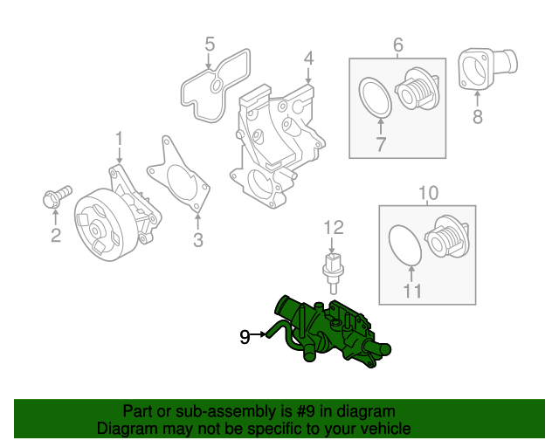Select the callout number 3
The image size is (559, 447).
(x=198, y=240)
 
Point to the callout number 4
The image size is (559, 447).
(x=308, y=58)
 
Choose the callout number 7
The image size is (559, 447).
(x=380, y=145)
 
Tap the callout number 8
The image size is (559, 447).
(x=477, y=118)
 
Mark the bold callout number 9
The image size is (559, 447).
(x=245, y=334)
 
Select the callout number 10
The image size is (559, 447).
(x=428, y=191)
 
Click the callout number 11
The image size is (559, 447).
(x=411, y=291)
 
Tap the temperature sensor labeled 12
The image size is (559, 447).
(x=333, y=269)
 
